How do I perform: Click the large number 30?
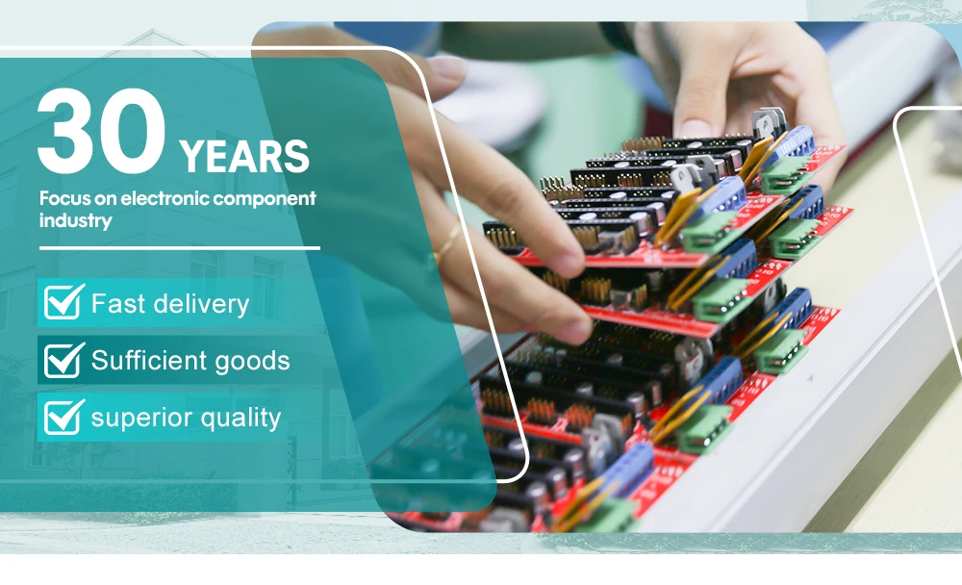(101, 131)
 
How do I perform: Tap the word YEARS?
(244, 157)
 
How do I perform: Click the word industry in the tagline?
(75, 221)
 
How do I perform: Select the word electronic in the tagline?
(165, 198)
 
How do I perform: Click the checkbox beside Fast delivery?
(63, 301)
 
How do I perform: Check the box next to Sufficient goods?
(63, 360)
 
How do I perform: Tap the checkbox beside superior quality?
(63, 417)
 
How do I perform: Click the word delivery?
(201, 304)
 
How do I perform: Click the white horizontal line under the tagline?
(180, 248)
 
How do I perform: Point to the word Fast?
(119, 303)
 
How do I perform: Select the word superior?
(142, 419)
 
